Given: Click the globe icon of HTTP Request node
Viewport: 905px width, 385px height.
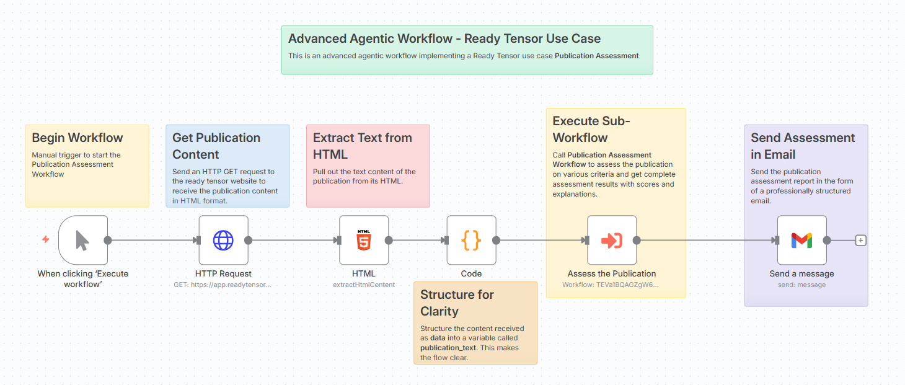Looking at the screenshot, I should pyautogui.click(x=223, y=240).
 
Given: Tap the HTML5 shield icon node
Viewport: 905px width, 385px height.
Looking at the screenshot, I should pyautogui.click(x=364, y=240).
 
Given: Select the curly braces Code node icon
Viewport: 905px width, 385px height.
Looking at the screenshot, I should pyautogui.click(x=471, y=240).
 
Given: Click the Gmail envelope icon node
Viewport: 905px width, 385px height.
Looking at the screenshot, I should pyautogui.click(x=801, y=240).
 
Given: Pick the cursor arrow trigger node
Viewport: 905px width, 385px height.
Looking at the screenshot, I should pyautogui.click(x=82, y=240).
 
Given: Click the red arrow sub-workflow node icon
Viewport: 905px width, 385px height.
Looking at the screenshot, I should pyautogui.click(x=612, y=240).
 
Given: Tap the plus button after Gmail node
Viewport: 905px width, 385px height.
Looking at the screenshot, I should pyautogui.click(x=860, y=241).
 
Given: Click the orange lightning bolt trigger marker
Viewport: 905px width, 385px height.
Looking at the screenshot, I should pyautogui.click(x=45, y=239).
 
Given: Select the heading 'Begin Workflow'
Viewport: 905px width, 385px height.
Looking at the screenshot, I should pyautogui.click(x=77, y=138).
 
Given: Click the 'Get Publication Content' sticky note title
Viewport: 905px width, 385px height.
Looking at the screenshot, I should pyautogui.click(x=216, y=146).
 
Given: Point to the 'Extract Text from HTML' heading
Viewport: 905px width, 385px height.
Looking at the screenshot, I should pyautogui.click(x=362, y=146).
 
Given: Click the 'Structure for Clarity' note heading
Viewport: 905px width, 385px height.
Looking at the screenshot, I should pyautogui.click(x=457, y=303).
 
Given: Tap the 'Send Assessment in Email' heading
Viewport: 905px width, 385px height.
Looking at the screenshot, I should pyautogui.click(x=803, y=146).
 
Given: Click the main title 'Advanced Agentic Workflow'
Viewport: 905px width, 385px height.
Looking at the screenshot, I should pyautogui.click(x=444, y=38).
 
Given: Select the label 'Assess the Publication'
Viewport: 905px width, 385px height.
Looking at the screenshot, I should pyautogui.click(x=611, y=273).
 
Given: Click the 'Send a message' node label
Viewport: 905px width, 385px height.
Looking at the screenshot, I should pyautogui.click(x=801, y=273).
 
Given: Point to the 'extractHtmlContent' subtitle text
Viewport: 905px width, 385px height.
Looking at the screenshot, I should pyautogui.click(x=364, y=285).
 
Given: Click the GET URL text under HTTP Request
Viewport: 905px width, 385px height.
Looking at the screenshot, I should pyautogui.click(x=223, y=285).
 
